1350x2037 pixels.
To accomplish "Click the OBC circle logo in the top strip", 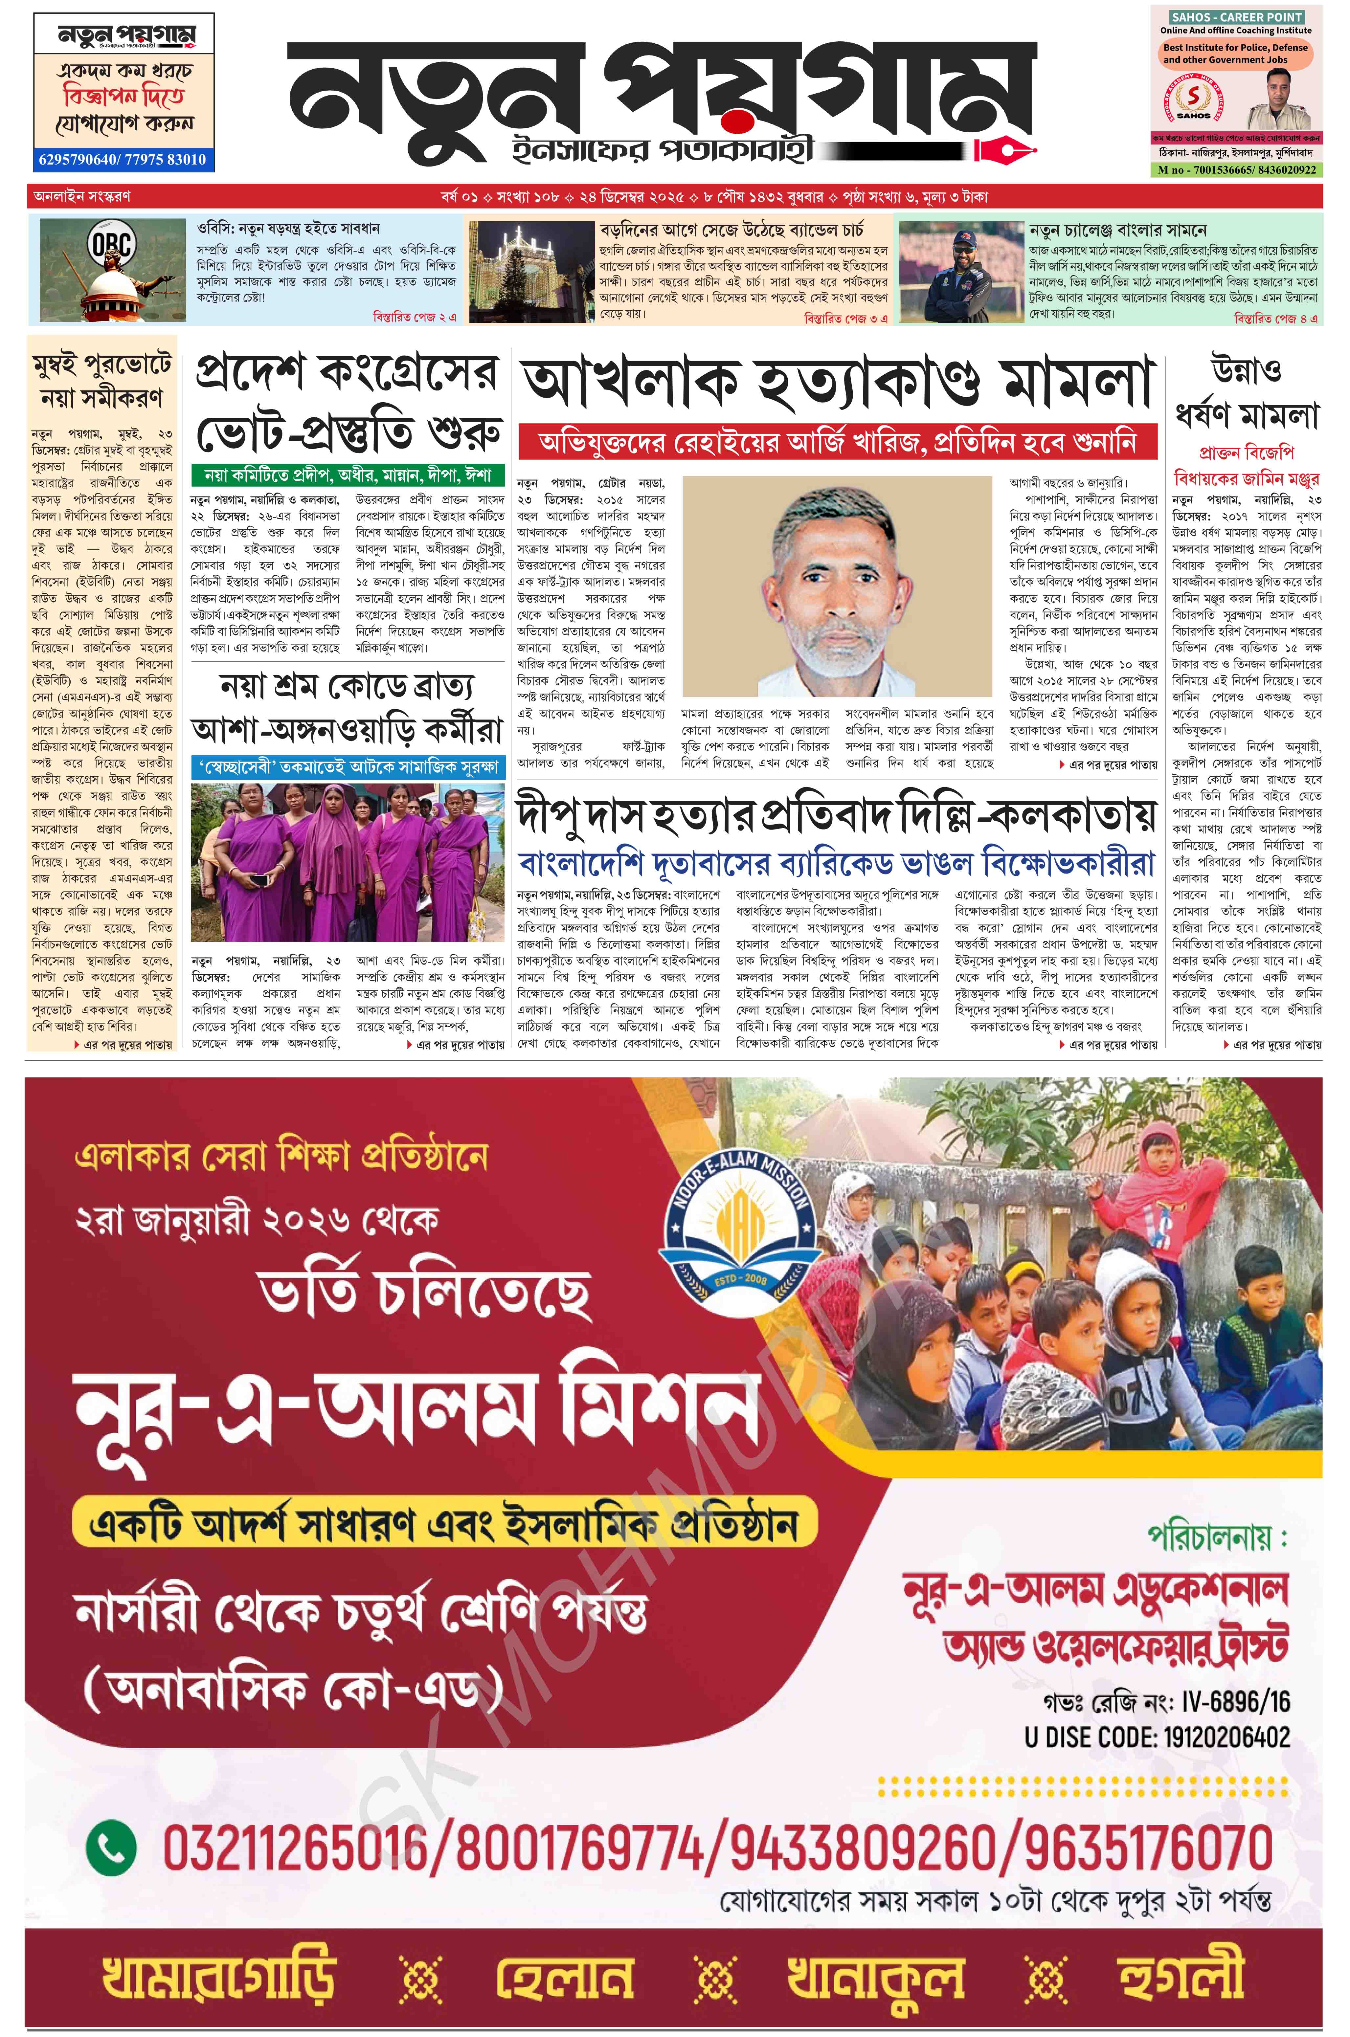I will click(x=112, y=246).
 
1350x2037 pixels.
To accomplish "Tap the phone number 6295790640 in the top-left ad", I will click(x=76, y=159).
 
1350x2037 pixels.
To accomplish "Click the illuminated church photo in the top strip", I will click(x=527, y=269).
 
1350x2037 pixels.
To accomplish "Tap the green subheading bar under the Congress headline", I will click(x=347, y=475).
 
